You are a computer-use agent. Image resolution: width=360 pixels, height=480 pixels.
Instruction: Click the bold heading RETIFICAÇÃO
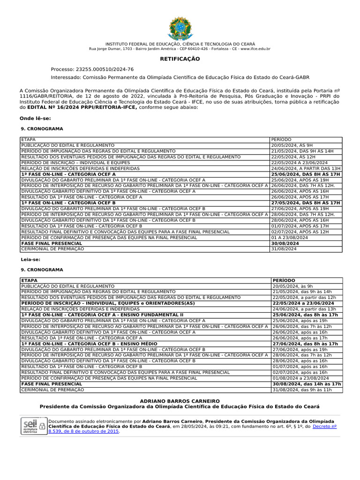point(180,59)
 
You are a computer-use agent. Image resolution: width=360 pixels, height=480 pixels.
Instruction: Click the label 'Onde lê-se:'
point(35,119)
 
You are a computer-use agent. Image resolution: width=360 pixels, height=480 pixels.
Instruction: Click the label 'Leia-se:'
point(30,259)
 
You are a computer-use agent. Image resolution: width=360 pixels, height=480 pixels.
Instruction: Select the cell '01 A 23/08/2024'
point(289,238)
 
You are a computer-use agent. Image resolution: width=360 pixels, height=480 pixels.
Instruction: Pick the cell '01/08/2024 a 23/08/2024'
point(300,378)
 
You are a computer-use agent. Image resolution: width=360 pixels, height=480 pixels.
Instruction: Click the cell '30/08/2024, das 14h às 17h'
point(307,384)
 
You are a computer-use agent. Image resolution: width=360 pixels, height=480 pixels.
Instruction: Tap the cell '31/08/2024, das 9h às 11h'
point(302,390)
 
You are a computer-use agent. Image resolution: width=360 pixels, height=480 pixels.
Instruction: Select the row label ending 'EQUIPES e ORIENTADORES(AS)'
point(108,303)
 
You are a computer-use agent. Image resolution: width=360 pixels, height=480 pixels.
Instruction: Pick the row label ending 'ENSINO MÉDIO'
point(89,344)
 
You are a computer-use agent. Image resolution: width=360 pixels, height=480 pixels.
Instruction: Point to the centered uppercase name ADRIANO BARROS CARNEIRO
point(180,401)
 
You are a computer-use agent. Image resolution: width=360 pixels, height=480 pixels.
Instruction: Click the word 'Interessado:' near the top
point(66,77)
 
